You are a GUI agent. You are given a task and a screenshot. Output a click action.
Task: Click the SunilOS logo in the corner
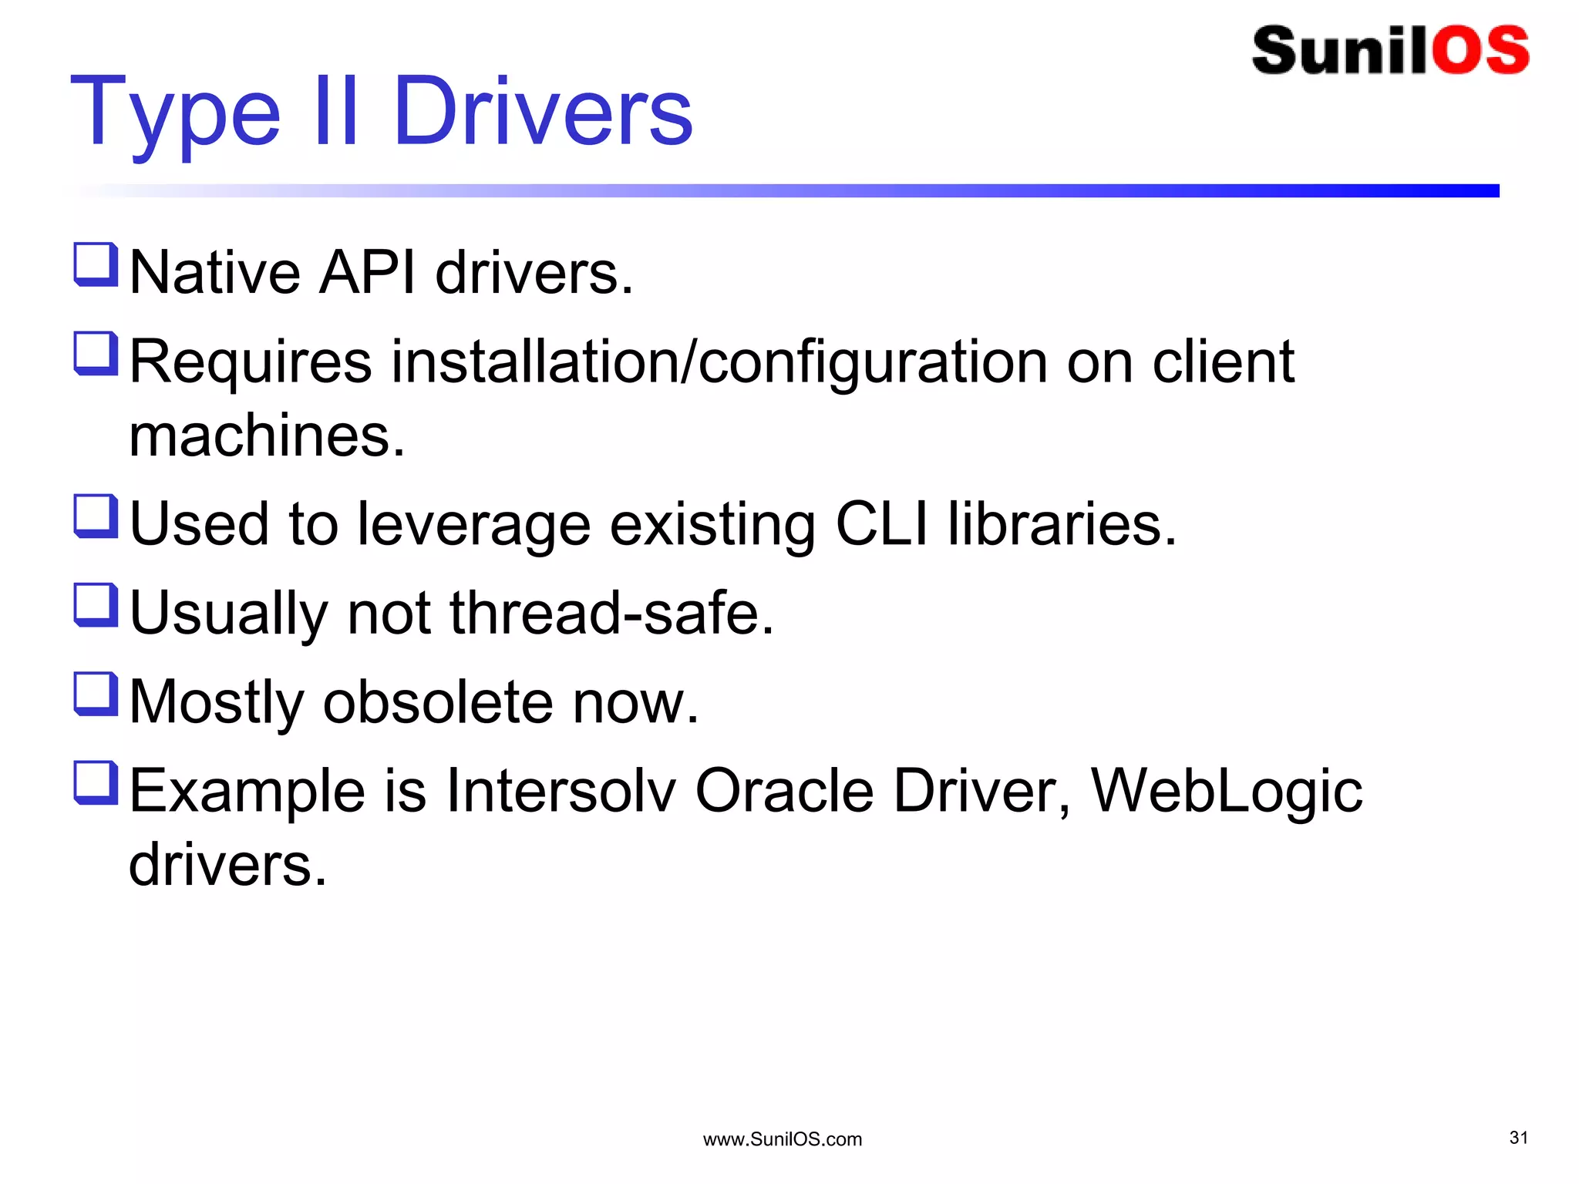[1390, 51]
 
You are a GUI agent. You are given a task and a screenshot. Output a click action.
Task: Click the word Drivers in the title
[543, 113]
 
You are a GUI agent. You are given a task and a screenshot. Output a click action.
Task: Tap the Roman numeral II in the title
[337, 113]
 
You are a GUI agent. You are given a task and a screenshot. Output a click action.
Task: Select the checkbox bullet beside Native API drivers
[96, 264]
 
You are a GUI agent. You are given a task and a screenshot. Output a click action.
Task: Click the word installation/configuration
[719, 362]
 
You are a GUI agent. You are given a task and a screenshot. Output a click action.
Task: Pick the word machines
[267, 436]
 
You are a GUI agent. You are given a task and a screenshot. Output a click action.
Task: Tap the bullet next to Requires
[96, 353]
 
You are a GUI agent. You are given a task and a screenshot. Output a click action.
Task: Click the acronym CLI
[881, 524]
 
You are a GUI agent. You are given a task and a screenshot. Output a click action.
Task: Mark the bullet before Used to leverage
[96, 516]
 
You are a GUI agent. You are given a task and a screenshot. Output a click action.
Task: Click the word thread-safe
[611, 614]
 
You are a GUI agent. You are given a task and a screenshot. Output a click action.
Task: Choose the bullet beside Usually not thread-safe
[96, 605]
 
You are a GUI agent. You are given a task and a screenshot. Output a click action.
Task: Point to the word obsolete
[437, 702]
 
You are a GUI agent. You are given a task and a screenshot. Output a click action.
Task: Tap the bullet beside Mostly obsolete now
[96, 694]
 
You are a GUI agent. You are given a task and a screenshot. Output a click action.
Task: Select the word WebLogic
[1226, 792]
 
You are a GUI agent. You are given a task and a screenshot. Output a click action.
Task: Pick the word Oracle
[784, 791]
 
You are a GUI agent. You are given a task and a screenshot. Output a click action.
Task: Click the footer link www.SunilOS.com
[782, 1139]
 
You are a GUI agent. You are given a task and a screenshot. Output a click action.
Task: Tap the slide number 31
[1518, 1138]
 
